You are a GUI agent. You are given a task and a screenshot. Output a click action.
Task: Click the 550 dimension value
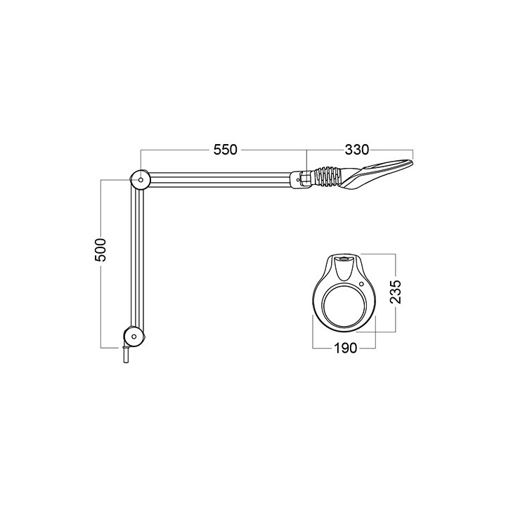[x=226, y=150]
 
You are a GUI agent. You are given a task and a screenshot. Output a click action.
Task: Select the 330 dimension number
[x=356, y=150]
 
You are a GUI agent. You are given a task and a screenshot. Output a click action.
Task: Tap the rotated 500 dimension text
[x=100, y=249]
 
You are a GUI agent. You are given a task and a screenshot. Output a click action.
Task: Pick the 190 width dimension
[x=344, y=348]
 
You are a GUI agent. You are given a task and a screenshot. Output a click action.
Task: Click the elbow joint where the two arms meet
[x=140, y=180]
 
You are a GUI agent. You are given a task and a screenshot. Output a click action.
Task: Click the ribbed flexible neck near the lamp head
[x=326, y=177]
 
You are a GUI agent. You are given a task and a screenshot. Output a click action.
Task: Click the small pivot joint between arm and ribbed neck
[x=300, y=179]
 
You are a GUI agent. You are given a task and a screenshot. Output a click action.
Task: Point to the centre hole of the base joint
[x=130, y=337]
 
